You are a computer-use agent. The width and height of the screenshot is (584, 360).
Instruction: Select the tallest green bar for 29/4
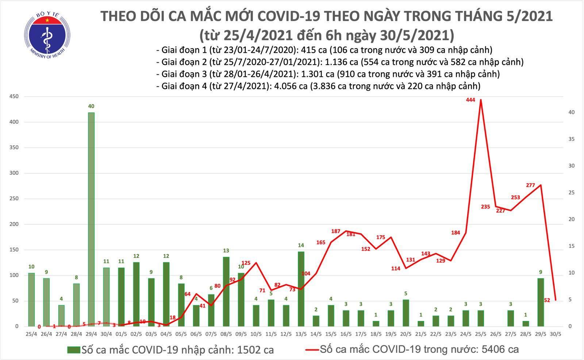click(91, 219)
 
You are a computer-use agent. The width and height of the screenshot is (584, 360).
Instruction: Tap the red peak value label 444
click(470, 100)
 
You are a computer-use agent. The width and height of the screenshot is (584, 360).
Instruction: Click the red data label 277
click(530, 185)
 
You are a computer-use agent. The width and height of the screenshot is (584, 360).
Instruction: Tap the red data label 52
click(547, 300)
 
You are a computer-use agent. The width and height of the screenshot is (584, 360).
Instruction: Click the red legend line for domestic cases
click(311, 350)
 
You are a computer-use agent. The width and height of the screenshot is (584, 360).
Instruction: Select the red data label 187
click(336, 231)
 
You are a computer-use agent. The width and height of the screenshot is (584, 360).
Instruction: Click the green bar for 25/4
click(31, 299)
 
